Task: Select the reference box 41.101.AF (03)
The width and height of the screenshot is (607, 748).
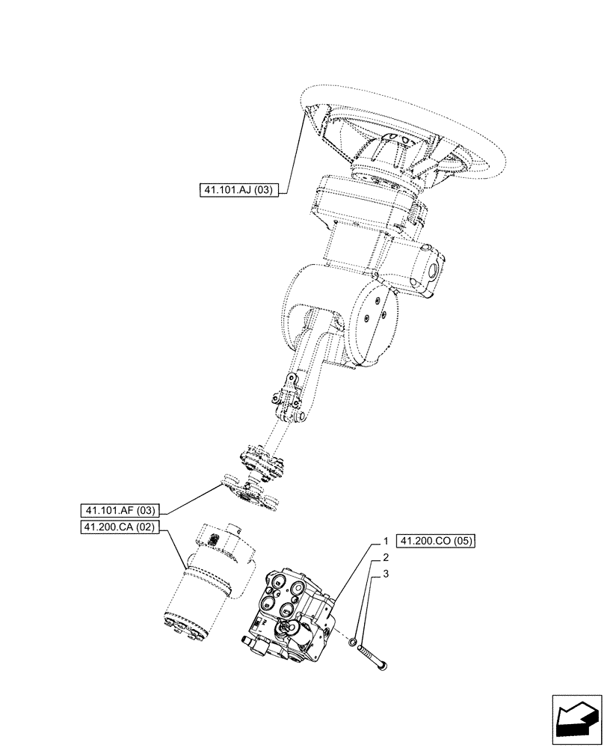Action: click(120, 511)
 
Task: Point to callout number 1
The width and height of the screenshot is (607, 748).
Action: click(386, 540)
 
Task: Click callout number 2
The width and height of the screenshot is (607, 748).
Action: click(386, 557)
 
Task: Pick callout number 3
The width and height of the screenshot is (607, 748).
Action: click(386, 574)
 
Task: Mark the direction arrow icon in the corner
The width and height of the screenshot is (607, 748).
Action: click(576, 720)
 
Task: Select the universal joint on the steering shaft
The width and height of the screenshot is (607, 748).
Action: click(288, 401)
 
